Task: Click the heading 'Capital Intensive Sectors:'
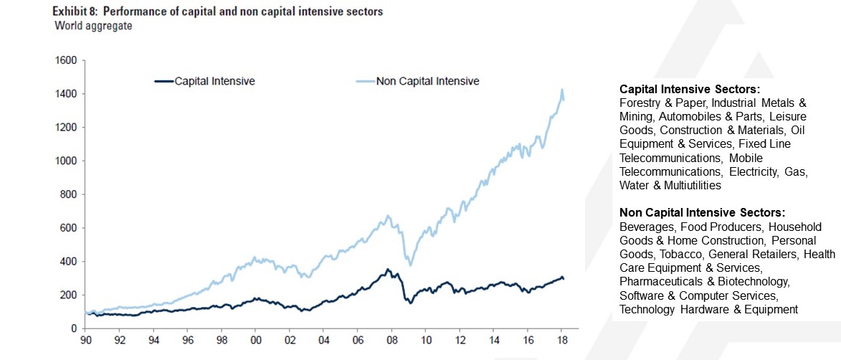tap(689, 90)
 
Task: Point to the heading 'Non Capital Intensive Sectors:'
tap(702, 213)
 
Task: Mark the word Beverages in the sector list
tap(644, 227)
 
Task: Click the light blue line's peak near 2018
tap(562, 90)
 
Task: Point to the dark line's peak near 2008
tap(388, 269)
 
